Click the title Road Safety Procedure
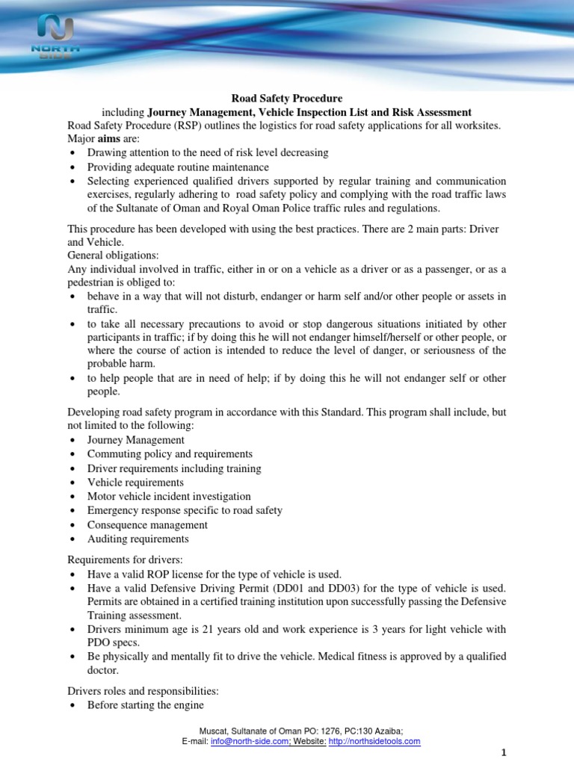pos(286,98)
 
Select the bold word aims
pos(109,139)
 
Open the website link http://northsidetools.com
pos(374,741)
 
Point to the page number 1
pos(567,753)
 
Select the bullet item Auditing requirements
pos(138,539)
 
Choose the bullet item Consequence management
pos(147,524)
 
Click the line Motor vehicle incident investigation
pos(169,496)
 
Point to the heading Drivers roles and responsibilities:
pos(143,691)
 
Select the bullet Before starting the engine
pos(146,705)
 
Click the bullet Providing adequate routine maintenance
pos(178,167)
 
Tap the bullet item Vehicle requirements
pos(135,483)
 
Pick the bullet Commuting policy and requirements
pos(170,454)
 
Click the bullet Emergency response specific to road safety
pos(185,510)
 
